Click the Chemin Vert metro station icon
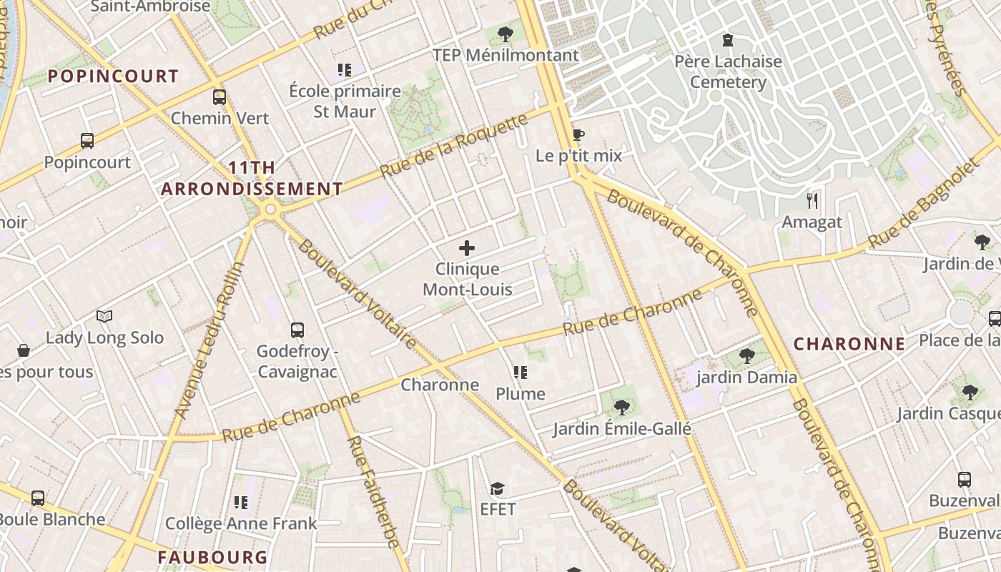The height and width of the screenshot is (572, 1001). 220,97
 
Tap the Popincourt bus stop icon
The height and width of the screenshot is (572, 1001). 87,141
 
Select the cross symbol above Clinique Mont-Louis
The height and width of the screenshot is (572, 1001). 467,248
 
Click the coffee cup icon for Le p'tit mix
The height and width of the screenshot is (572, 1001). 578,134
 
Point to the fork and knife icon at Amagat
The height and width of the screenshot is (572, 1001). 812,200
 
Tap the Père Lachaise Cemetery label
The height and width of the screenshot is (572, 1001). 728,71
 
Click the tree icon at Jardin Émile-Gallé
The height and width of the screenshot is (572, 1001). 621,408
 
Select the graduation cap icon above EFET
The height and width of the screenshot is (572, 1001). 497,488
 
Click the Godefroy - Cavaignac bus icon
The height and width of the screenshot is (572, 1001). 297,330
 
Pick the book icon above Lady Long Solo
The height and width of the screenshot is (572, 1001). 104,316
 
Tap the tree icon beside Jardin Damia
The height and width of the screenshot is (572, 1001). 746,355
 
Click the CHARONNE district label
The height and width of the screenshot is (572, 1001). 849,344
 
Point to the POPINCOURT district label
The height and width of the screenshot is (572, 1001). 113,77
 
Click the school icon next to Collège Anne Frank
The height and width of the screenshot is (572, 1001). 241,503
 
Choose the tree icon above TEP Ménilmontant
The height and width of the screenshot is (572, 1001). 506,34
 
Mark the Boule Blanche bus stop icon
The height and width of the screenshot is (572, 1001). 37,498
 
